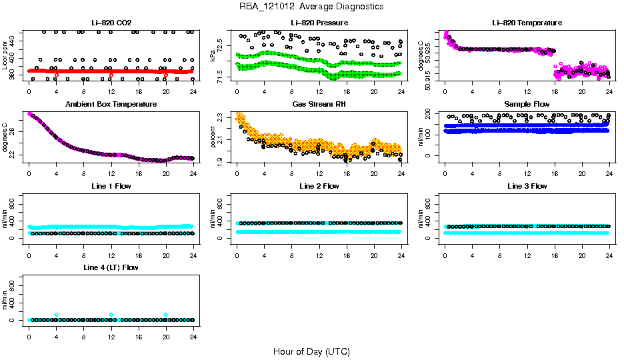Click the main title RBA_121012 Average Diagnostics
tap(311, 6)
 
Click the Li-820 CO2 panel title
tap(111, 23)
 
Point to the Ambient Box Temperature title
tap(111, 105)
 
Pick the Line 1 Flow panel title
tap(111, 186)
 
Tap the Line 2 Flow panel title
tap(319, 186)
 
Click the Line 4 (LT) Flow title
tap(111, 267)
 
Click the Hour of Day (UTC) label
tap(311, 351)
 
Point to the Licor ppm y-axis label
tap(5, 56)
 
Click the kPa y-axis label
tap(213, 56)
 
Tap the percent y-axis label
tap(213, 138)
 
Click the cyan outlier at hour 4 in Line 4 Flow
tap(57, 315)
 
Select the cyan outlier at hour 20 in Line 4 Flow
tap(166, 315)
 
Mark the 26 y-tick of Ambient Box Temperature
tap(13, 131)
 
